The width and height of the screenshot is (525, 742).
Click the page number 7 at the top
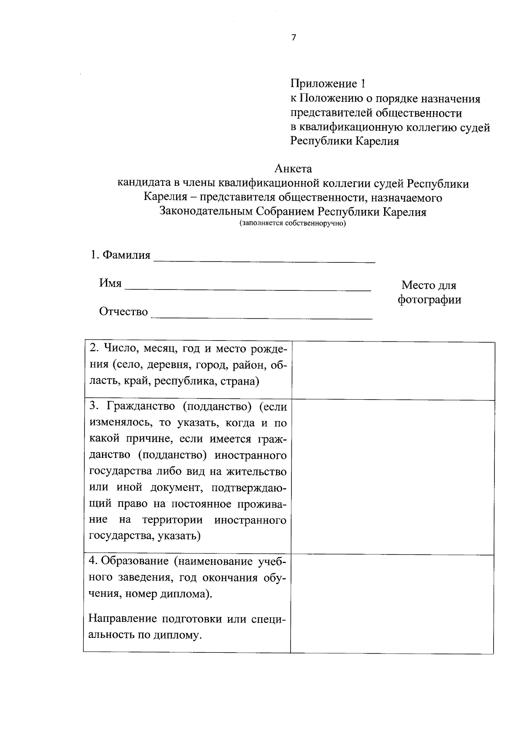(294, 38)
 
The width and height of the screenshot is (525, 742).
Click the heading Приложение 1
(327, 83)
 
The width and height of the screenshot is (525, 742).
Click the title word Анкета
(294, 168)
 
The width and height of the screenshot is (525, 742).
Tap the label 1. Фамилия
(120, 255)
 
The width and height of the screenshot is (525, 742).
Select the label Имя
(110, 283)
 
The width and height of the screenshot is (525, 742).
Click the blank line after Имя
(248, 286)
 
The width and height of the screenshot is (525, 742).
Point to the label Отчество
(123, 312)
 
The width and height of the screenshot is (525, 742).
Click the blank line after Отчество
(262, 315)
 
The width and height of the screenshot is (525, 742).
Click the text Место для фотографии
(429, 293)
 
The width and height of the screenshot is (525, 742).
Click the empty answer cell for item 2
(393, 370)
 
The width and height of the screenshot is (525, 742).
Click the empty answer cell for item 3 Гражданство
(393, 477)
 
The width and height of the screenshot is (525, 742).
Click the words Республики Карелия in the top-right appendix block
(345, 142)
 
